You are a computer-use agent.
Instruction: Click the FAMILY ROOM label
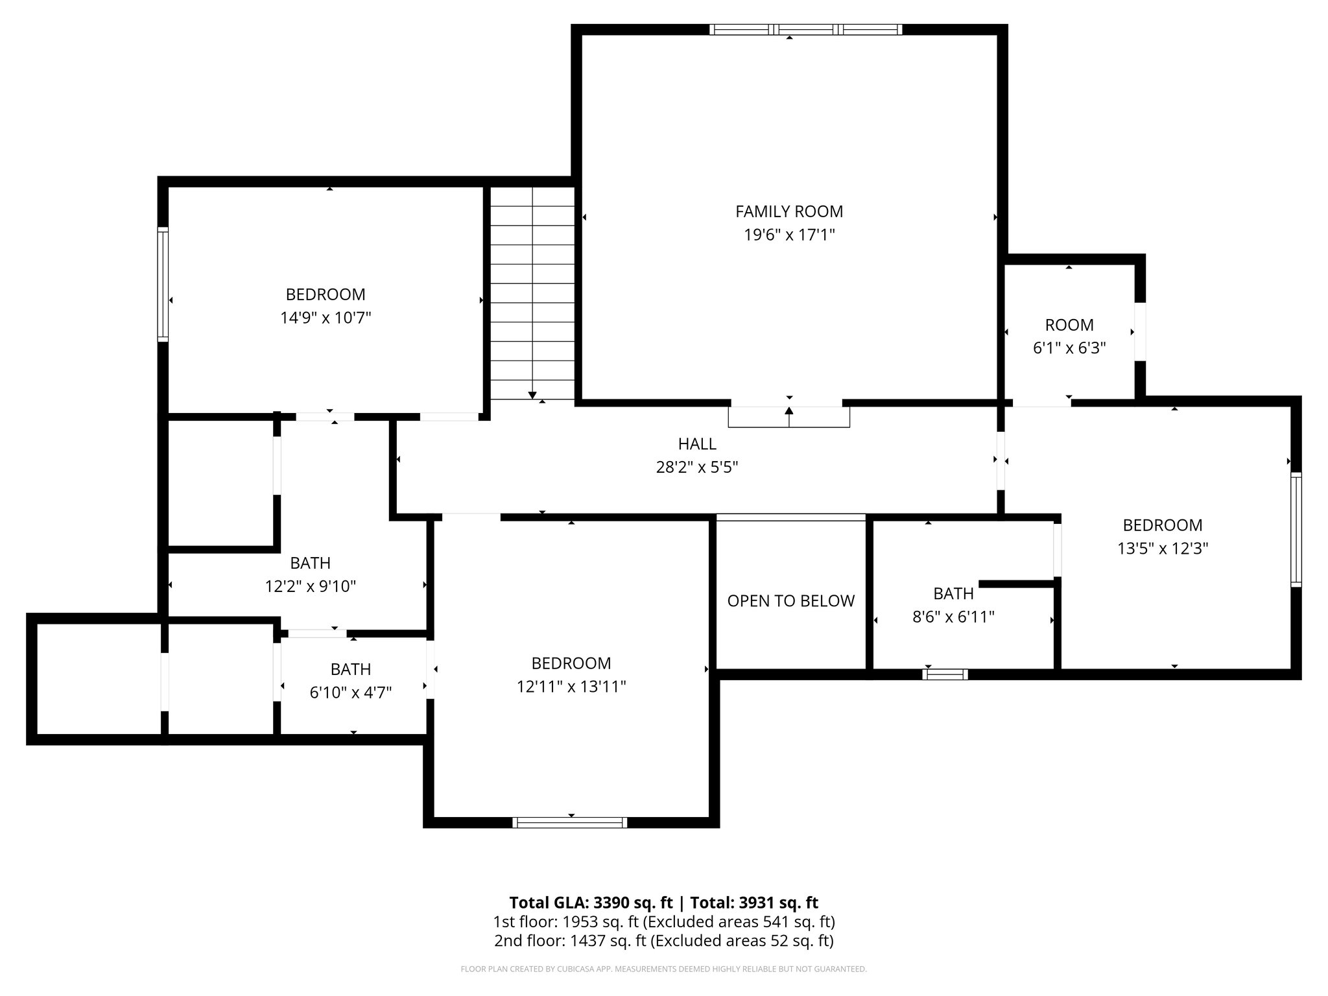(x=788, y=211)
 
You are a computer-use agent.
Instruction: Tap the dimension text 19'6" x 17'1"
(x=788, y=235)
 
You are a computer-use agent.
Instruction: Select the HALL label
(x=697, y=444)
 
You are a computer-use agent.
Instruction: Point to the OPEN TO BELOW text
(x=790, y=601)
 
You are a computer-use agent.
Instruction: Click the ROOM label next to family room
(x=1069, y=325)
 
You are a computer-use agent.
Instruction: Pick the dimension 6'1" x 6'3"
(x=1069, y=348)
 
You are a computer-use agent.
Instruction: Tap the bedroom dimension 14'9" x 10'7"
(x=326, y=318)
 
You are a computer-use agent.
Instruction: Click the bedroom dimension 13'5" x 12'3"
(x=1162, y=549)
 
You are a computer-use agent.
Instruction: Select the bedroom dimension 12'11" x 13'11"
(x=571, y=687)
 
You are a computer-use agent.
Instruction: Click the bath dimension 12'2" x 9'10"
(x=310, y=587)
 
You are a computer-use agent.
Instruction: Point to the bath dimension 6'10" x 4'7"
(x=350, y=693)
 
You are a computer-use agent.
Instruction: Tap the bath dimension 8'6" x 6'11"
(x=953, y=617)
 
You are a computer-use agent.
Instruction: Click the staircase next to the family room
(x=532, y=292)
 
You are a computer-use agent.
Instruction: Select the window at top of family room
(x=805, y=29)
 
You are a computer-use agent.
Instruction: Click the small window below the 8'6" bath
(x=945, y=674)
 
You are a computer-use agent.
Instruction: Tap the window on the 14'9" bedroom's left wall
(x=163, y=284)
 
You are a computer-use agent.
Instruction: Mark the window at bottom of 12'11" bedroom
(x=569, y=822)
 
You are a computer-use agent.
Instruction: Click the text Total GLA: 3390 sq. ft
(x=591, y=903)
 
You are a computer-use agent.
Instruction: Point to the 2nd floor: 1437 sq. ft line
(x=663, y=940)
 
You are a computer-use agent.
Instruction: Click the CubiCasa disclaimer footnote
(x=663, y=969)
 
